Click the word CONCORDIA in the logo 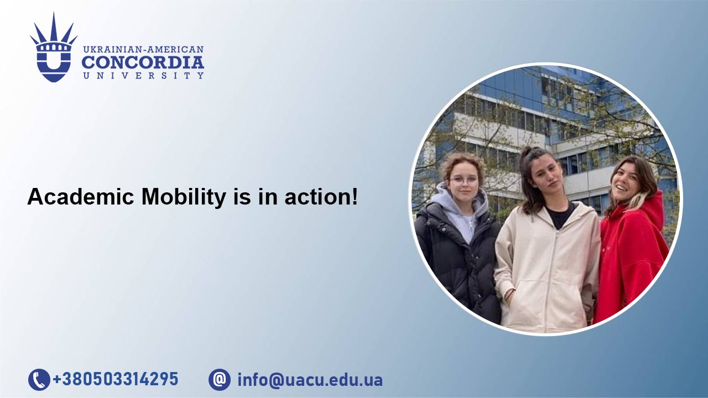143,62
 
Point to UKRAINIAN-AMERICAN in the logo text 143,50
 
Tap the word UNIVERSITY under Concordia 143,76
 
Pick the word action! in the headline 321,197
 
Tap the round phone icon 39,379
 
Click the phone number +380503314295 116,379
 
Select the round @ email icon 220,379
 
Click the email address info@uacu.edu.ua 310,380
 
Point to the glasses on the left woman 464,180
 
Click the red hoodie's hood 651,207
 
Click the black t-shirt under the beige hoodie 560,216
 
